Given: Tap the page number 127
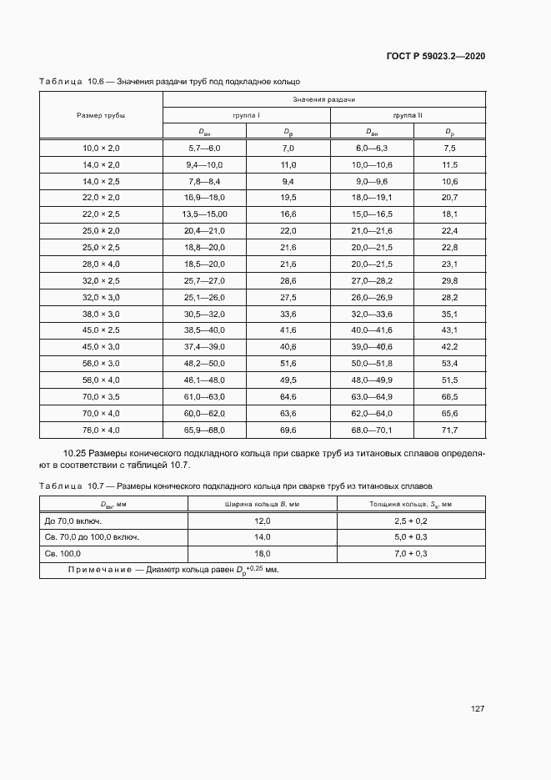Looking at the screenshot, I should click(478, 709).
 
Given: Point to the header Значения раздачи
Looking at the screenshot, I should click(323, 99).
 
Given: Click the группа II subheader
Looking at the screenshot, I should click(408, 115).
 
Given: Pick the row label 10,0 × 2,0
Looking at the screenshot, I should click(101, 148).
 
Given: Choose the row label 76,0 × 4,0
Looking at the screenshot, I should click(101, 430).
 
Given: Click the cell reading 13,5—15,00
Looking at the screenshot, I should click(205, 214).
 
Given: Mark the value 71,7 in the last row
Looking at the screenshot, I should click(449, 430).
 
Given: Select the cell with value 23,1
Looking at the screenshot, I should click(449, 263).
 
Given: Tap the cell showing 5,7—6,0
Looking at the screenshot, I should click(205, 148).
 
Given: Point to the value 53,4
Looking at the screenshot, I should click(449, 364).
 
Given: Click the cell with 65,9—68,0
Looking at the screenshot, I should click(205, 430).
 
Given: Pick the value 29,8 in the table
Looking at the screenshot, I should click(449, 280).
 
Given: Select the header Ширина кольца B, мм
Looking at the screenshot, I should click(262, 504).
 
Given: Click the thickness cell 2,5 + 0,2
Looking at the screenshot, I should click(411, 520).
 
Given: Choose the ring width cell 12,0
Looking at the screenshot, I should click(262, 520).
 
